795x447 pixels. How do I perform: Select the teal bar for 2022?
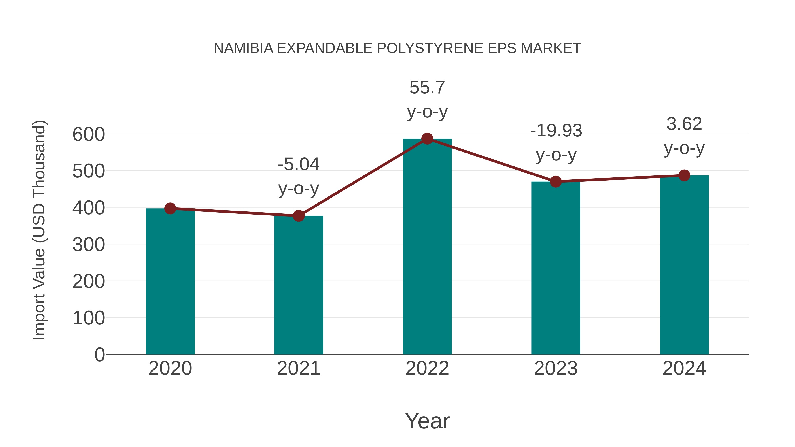(x=427, y=247)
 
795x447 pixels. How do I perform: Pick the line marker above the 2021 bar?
(x=298, y=216)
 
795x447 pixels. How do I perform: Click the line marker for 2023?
(x=556, y=182)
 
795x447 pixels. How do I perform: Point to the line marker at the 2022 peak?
(x=427, y=139)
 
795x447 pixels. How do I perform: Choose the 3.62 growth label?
(x=684, y=124)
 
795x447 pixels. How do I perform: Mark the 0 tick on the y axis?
(x=99, y=355)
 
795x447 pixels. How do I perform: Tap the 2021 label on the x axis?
(x=298, y=368)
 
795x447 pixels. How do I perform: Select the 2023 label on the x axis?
(x=556, y=368)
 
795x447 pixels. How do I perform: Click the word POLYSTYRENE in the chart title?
(x=430, y=48)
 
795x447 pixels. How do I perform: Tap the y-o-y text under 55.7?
(x=427, y=112)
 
